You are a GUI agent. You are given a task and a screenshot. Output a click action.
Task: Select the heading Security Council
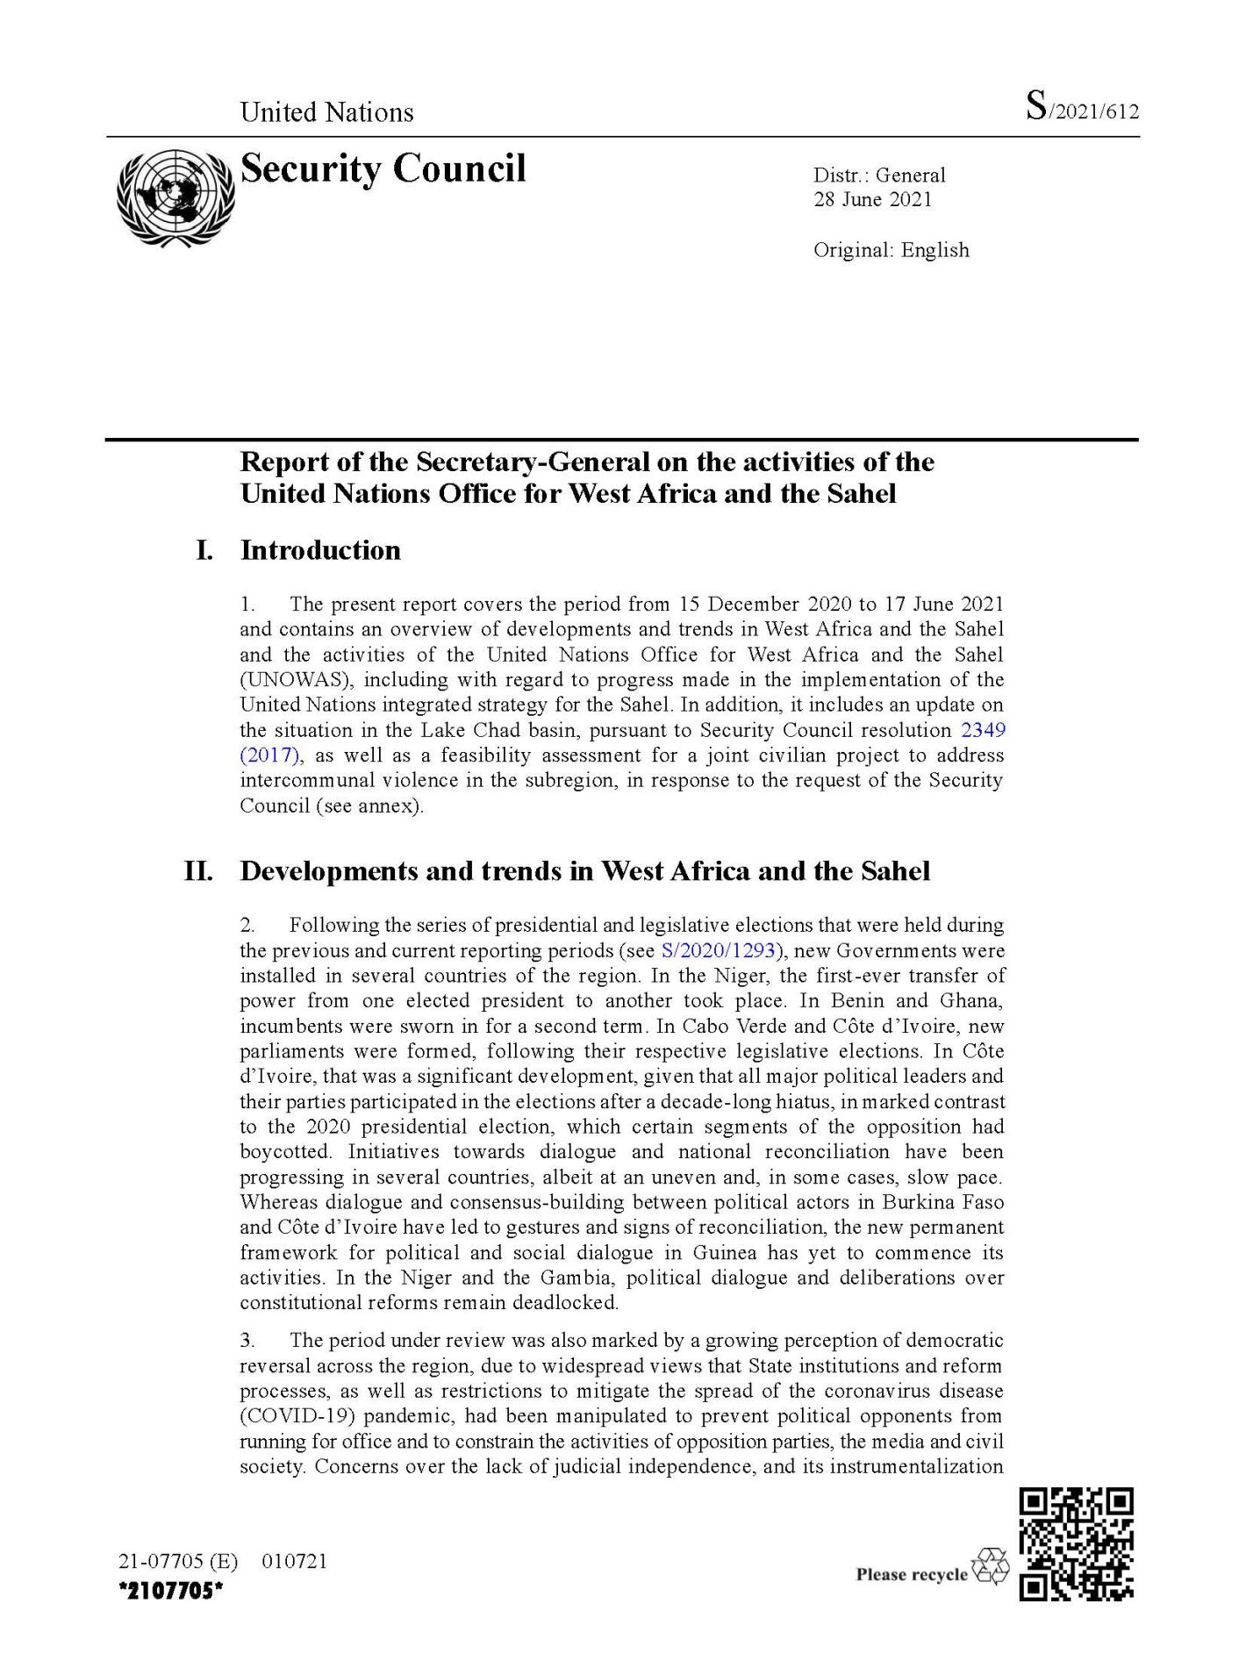pos(383,168)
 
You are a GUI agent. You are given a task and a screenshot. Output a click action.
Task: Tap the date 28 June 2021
pos(872,199)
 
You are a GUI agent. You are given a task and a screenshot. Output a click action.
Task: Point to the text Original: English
pos(891,250)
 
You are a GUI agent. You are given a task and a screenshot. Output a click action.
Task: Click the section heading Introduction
pos(320,550)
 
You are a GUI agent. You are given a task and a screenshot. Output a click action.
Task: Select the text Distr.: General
pos(879,175)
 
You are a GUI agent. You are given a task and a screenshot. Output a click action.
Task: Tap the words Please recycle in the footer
pos(911,1574)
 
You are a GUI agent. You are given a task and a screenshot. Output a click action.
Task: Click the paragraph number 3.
pos(247,1341)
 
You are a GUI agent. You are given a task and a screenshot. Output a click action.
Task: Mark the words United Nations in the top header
pos(326,112)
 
